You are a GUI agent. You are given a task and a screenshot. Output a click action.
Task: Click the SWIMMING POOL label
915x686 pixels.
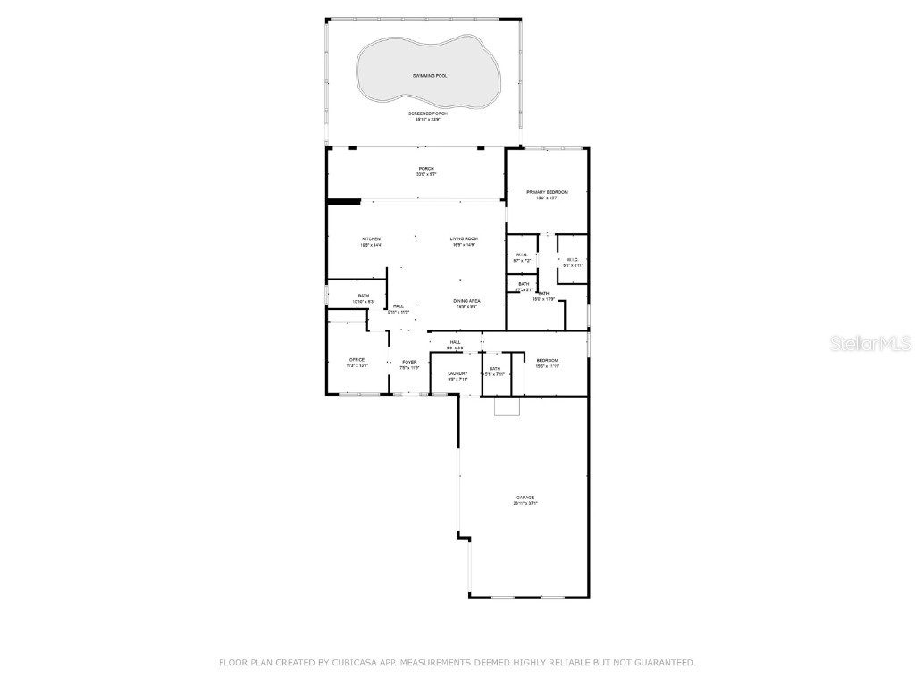pyautogui.click(x=430, y=76)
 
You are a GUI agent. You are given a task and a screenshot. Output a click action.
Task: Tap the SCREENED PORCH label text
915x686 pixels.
pyautogui.click(x=428, y=113)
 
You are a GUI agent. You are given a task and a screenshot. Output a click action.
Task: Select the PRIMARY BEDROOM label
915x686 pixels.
pyautogui.click(x=547, y=192)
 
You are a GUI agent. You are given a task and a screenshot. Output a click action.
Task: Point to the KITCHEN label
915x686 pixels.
pyautogui.click(x=372, y=239)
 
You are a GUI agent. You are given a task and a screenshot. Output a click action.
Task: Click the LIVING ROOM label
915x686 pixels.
pyautogui.click(x=464, y=239)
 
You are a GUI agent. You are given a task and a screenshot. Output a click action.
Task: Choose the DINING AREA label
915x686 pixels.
pyautogui.click(x=466, y=301)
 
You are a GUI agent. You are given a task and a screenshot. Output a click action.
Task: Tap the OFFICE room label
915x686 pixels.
pyautogui.click(x=357, y=360)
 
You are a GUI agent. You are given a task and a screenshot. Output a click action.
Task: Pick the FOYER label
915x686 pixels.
pyautogui.click(x=409, y=362)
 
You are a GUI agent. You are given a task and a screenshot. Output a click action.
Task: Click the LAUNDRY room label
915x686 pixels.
pyautogui.click(x=457, y=373)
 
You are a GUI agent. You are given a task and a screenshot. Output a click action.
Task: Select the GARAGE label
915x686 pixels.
pyautogui.click(x=525, y=498)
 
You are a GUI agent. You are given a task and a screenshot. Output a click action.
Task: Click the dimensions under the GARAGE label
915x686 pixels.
pyautogui.click(x=525, y=504)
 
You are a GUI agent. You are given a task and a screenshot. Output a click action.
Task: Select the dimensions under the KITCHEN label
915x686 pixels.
pyautogui.click(x=372, y=245)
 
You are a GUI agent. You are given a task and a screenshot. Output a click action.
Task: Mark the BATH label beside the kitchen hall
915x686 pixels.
pyautogui.click(x=364, y=296)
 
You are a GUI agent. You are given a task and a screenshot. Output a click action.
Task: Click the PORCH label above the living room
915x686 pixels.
pyautogui.click(x=426, y=169)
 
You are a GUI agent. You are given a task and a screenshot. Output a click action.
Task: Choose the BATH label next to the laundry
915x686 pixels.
pyautogui.click(x=494, y=369)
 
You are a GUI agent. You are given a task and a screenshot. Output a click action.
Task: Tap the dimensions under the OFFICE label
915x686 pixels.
pyautogui.click(x=357, y=366)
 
